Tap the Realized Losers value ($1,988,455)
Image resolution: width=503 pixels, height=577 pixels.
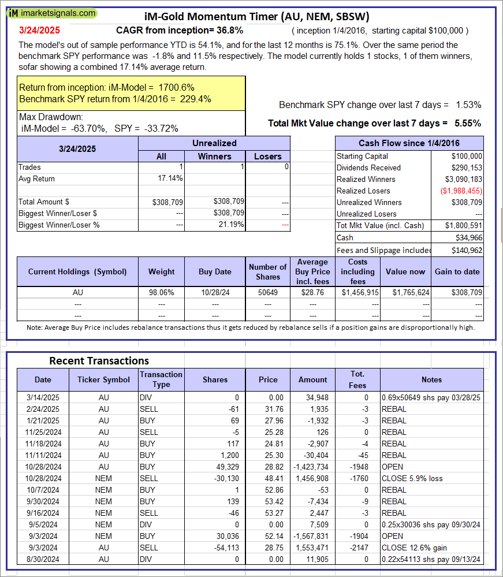click(461, 191)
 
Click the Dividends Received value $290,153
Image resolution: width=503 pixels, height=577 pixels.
click(467, 167)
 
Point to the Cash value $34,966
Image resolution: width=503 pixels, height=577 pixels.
click(470, 237)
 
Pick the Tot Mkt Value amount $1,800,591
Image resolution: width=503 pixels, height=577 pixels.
click(464, 225)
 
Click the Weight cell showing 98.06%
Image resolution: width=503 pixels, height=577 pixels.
click(161, 292)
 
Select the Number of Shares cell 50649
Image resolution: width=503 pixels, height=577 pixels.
click(267, 292)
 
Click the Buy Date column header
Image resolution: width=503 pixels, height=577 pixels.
click(215, 271)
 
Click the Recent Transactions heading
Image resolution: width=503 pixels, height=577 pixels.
click(99, 361)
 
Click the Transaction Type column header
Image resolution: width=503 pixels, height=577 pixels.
click(161, 379)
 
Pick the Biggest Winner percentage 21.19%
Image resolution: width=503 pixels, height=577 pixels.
click(231, 225)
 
